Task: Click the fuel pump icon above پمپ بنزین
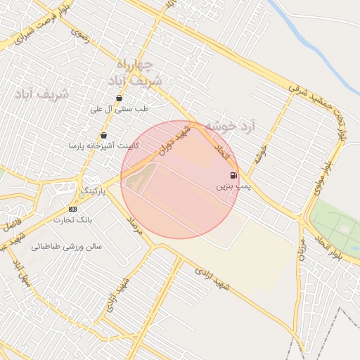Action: pos(233,175)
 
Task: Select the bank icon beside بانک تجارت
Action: pos(72,210)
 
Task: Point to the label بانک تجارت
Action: pos(73,220)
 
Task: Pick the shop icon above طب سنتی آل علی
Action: pos(119,98)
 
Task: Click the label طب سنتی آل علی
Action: pos(120,109)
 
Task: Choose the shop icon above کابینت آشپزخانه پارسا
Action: pos(104,135)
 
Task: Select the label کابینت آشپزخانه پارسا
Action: pos(103,146)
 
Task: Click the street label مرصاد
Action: pos(134,226)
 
